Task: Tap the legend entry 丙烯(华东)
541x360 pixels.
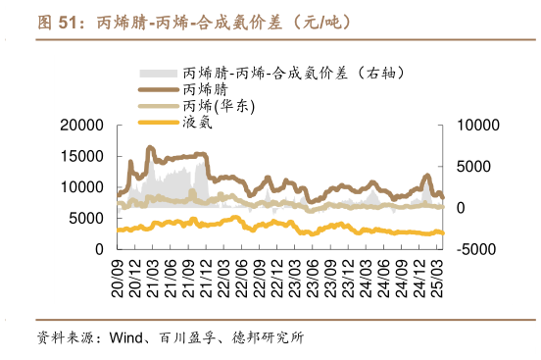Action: tap(220, 106)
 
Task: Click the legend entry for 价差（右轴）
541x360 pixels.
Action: tap(293, 73)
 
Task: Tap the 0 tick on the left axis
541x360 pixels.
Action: tap(99, 250)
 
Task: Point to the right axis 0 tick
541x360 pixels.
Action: tap(462, 208)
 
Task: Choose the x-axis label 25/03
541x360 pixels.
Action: tap(437, 275)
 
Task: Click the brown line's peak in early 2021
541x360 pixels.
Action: tap(150, 147)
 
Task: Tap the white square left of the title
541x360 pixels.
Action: tap(19, 21)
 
